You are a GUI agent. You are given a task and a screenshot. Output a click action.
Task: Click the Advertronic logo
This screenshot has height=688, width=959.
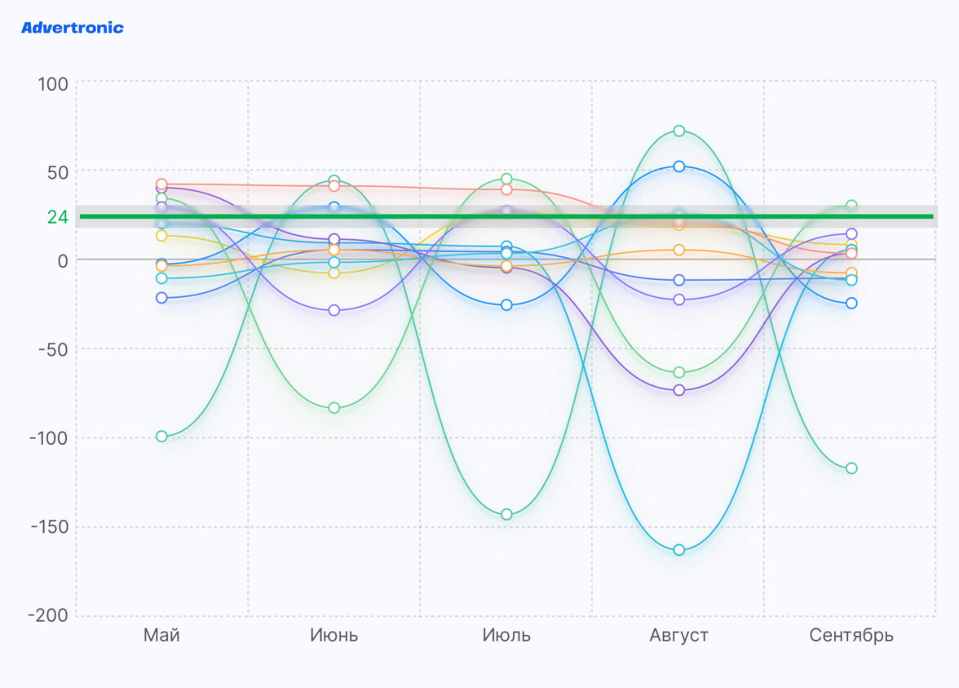click(x=73, y=28)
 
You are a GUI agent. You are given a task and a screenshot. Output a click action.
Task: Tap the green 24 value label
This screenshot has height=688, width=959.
click(x=57, y=217)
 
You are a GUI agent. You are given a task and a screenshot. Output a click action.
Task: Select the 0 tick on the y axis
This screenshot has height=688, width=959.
click(x=61, y=261)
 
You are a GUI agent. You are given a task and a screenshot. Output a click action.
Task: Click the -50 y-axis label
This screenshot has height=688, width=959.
click(x=52, y=350)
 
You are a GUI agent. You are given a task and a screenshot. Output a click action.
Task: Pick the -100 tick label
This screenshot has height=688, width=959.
click(x=48, y=439)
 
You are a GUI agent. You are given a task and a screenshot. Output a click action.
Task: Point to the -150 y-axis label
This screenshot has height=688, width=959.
click(x=48, y=528)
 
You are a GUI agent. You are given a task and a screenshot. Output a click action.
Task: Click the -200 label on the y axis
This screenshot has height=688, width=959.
click(x=48, y=616)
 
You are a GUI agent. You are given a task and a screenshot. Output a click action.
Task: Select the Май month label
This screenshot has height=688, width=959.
click(x=161, y=636)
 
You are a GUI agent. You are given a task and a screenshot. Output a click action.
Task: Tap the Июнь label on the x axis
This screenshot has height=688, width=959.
click(x=334, y=636)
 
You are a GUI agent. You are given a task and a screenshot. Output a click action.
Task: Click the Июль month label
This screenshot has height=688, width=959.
click(x=506, y=636)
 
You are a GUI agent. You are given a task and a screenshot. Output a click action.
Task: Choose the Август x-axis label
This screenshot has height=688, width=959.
click(x=678, y=636)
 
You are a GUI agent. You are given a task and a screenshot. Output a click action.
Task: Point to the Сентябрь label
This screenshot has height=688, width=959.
click(x=851, y=636)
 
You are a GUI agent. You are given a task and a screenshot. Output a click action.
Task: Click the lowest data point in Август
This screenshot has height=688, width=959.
click(x=678, y=550)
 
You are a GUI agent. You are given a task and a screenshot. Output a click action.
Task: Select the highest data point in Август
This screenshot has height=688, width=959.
click(x=678, y=131)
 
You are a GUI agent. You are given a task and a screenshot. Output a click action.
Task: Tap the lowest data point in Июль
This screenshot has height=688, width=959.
click(x=506, y=514)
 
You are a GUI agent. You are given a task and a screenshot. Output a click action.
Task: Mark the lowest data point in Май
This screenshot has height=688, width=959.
click(x=161, y=437)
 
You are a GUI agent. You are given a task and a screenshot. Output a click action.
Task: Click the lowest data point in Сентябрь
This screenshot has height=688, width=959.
click(x=851, y=468)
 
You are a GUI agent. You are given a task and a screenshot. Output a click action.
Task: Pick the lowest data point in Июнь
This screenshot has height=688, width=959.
click(x=334, y=408)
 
